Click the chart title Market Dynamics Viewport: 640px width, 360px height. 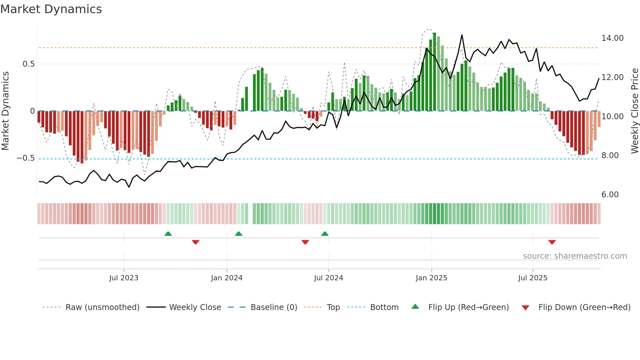pos(51,9)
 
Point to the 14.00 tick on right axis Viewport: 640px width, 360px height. pos(612,38)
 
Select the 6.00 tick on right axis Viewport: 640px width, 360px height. pos(610,195)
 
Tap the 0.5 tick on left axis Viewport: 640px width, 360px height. pos(28,64)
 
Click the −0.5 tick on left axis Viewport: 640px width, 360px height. pos(25,158)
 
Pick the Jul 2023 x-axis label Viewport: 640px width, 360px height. pos(124,278)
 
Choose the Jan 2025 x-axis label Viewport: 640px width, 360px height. pos(431,278)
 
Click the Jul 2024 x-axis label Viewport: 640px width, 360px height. pos(328,278)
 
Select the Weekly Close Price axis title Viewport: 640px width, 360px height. pos(634,111)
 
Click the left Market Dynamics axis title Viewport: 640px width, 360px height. pos(5,111)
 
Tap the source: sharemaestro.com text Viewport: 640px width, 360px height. pos(575,256)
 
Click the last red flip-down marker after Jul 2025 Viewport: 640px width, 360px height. pos(552,242)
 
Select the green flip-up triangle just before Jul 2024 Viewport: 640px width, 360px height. pos(325,234)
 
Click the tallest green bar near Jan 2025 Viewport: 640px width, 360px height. pos(434,72)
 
